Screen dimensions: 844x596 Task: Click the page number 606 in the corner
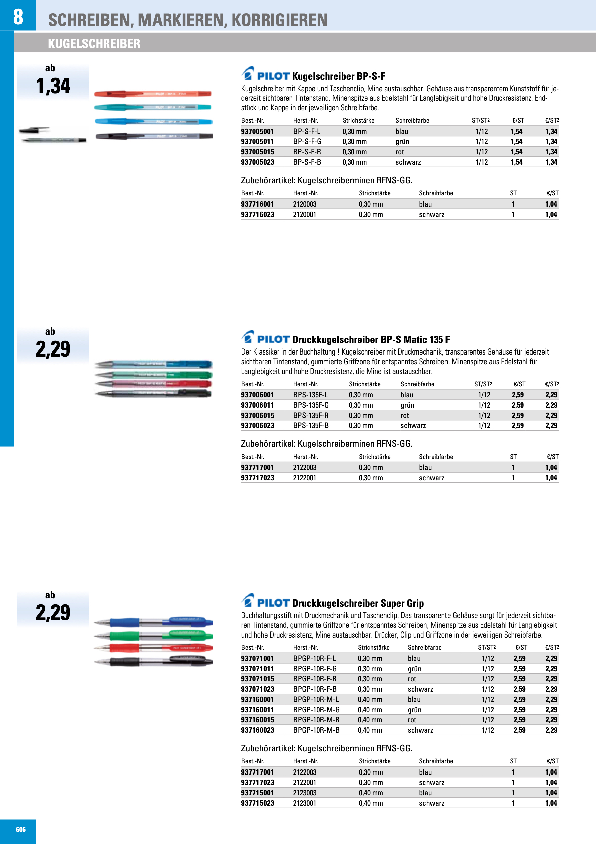pos(21,829)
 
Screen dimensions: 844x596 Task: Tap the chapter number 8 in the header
pos(18,17)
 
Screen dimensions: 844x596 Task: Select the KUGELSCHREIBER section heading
pos(94,44)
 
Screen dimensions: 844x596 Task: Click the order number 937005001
pos(257,131)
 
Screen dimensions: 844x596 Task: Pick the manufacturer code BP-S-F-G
pos(307,142)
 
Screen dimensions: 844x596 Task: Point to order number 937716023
pos(257,214)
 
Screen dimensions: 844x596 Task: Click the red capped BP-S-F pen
pos(153,94)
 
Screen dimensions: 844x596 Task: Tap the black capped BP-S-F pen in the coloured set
pos(154,136)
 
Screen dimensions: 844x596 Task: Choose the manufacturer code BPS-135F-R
pos(311,415)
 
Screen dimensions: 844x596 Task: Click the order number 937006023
pos(257,425)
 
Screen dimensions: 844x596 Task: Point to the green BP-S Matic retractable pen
pos(154,375)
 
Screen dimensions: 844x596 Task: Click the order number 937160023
pos(257,730)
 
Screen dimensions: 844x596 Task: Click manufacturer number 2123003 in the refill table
pos(304,793)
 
